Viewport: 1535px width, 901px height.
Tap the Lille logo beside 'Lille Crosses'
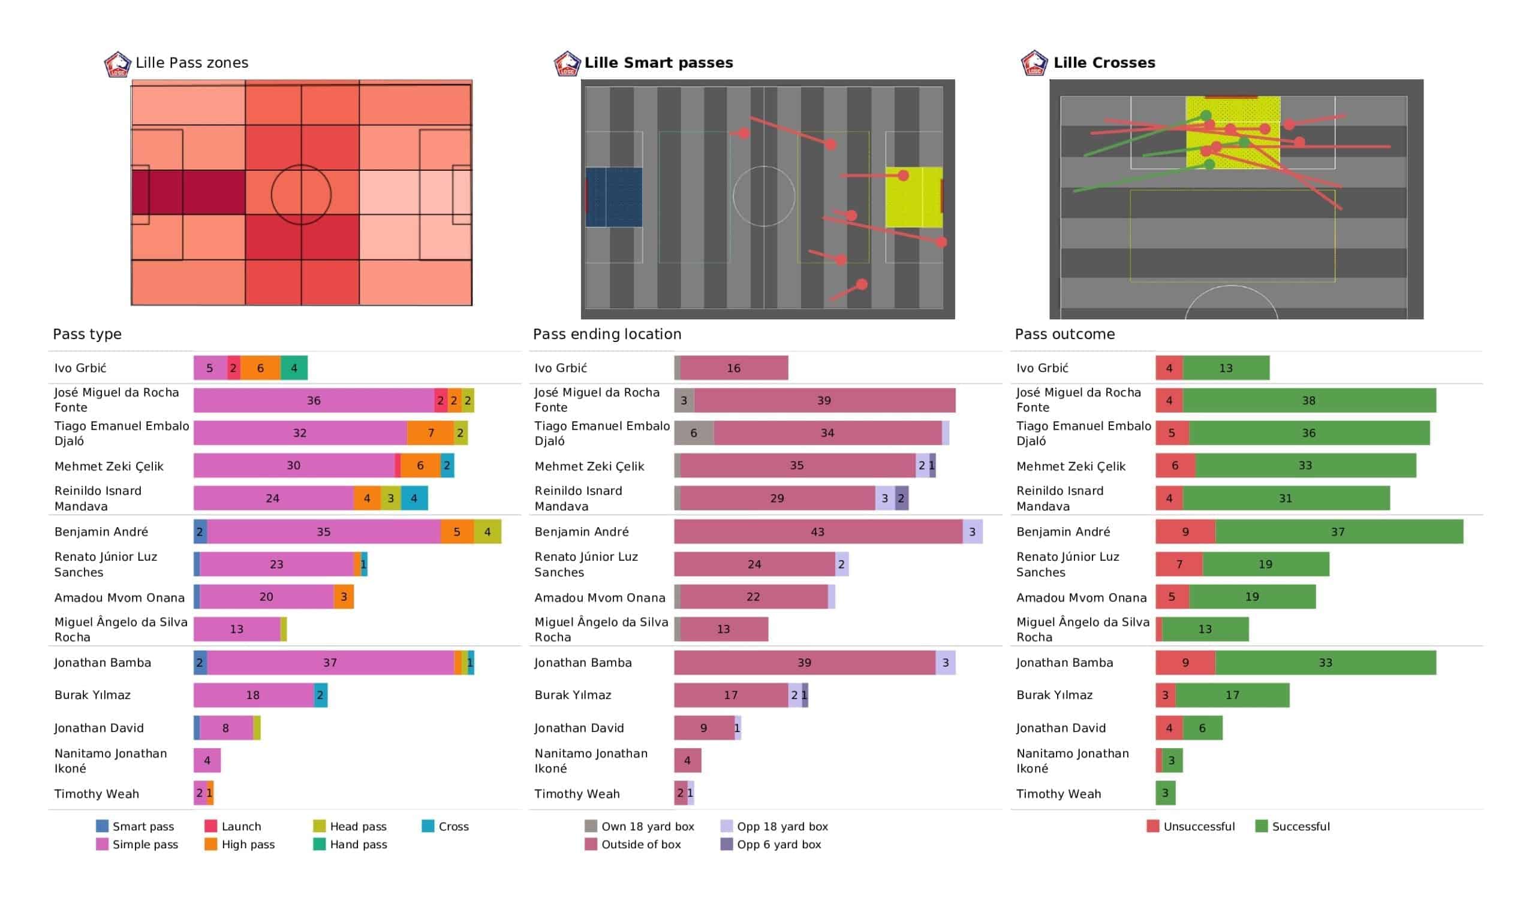(x=1034, y=64)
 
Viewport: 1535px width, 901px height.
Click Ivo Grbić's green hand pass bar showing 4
(x=294, y=368)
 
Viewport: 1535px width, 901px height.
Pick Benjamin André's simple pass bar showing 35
(x=323, y=532)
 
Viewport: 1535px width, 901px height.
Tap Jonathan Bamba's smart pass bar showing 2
(x=200, y=663)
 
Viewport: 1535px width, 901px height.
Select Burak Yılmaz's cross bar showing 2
(x=320, y=696)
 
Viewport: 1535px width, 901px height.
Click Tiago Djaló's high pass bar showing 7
(x=431, y=434)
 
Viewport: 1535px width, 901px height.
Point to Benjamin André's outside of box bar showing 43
(x=817, y=532)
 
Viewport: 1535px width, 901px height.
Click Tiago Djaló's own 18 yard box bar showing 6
(x=694, y=434)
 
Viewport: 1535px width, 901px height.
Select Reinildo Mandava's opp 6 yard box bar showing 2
(x=901, y=498)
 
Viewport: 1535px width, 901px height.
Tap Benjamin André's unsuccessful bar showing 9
(x=1185, y=532)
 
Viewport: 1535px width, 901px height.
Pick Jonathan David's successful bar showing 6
(x=1202, y=728)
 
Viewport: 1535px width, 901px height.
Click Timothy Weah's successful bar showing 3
(x=1165, y=793)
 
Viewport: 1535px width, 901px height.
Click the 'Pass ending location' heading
(x=607, y=334)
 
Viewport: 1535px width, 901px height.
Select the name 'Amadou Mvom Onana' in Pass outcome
(x=1081, y=598)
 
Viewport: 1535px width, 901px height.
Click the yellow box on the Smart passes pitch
(x=913, y=197)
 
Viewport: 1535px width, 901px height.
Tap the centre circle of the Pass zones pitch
(x=301, y=195)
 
